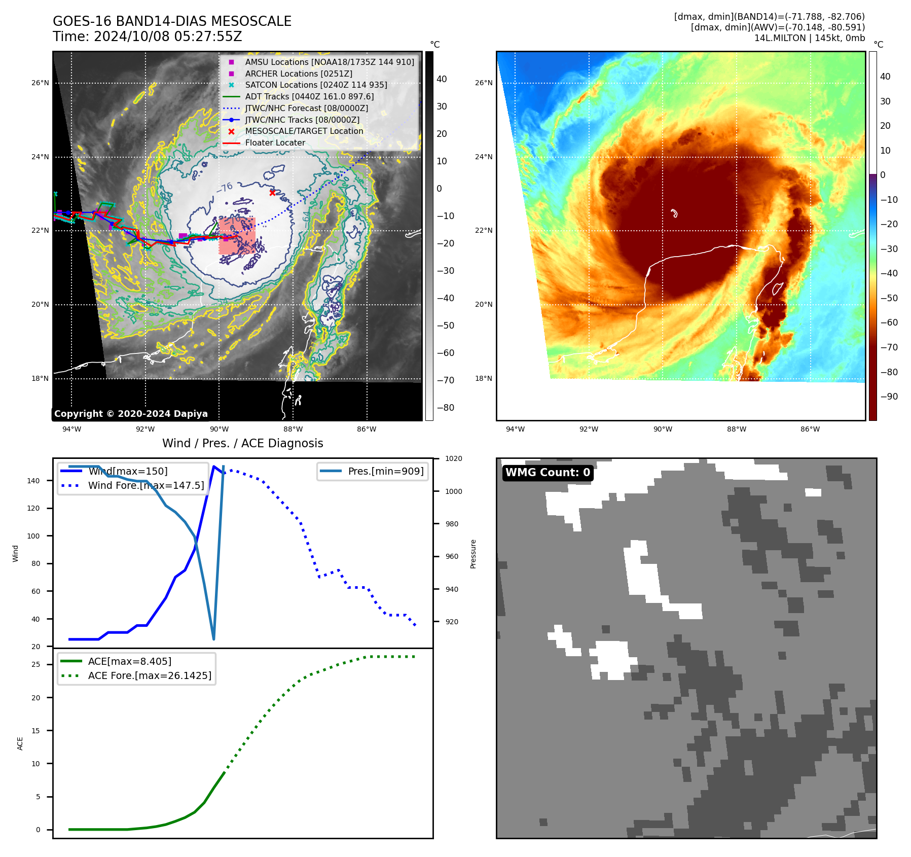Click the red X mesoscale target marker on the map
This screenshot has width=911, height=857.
pyautogui.click(x=272, y=193)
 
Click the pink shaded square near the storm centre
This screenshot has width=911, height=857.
pyautogui.click(x=237, y=236)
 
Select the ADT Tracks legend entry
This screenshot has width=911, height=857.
pyautogui.click(x=309, y=96)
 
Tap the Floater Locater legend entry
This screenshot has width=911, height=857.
pyautogui.click(x=275, y=143)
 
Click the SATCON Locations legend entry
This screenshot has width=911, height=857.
pyautogui.click(x=316, y=85)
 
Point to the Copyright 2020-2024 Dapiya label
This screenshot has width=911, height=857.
pyautogui.click(x=131, y=414)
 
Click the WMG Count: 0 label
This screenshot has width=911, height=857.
pyautogui.click(x=548, y=473)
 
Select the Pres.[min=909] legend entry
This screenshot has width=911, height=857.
pyautogui.click(x=385, y=471)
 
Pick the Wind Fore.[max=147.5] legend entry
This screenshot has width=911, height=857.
pyautogui.click(x=146, y=485)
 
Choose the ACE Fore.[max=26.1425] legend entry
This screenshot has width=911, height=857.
pyautogui.click(x=150, y=675)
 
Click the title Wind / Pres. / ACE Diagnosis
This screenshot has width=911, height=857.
pyautogui.click(x=242, y=443)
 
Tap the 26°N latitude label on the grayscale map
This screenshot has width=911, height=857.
pyautogui.click(x=41, y=83)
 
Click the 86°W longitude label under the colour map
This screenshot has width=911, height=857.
pyautogui.click(x=810, y=429)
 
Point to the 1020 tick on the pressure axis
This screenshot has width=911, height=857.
pyautogui.click(x=454, y=458)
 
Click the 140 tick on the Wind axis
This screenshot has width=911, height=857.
pyautogui.click(x=33, y=481)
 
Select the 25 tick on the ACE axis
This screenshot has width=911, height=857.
pyautogui.click(x=36, y=664)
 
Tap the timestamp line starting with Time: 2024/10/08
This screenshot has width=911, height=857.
pyautogui.click(x=147, y=37)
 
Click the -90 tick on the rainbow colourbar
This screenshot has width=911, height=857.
pyautogui.click(x=889, y=397)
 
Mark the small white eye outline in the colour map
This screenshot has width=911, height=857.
pyautogui.click(x=674, y=213)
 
